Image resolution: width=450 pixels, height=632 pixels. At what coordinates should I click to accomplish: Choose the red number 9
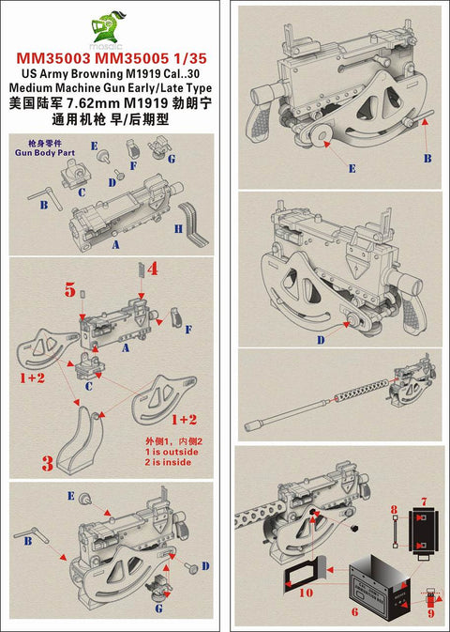coord(431,613)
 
